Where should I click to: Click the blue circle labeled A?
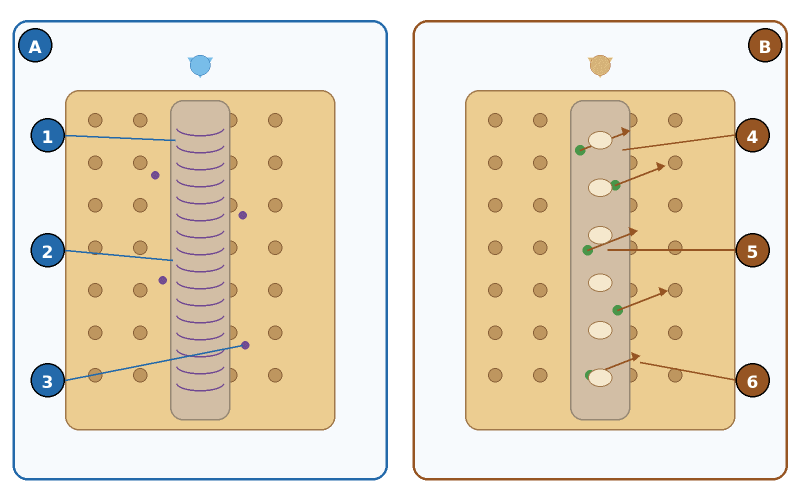(35, 45)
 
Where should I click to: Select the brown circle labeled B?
(765, 45)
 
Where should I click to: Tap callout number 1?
(47, 135)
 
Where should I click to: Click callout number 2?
(47, 250)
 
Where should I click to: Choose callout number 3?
(47, 380)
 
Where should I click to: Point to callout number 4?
(752, 135)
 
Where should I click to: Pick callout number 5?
(752, 250)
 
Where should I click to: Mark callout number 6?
(752, 380)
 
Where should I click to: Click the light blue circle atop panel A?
(200, 65)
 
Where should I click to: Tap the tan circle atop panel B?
(600, 65)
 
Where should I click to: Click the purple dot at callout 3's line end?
(245, 345)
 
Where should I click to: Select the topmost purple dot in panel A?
(155, 175)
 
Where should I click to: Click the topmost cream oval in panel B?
(600, 140)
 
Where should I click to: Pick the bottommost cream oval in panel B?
(600, 377)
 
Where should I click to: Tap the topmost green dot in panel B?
(580, 150)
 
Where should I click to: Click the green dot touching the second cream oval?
(615, 185)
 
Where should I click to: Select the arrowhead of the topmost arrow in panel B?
(625, 132)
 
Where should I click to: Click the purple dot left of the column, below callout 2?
(162, 280)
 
